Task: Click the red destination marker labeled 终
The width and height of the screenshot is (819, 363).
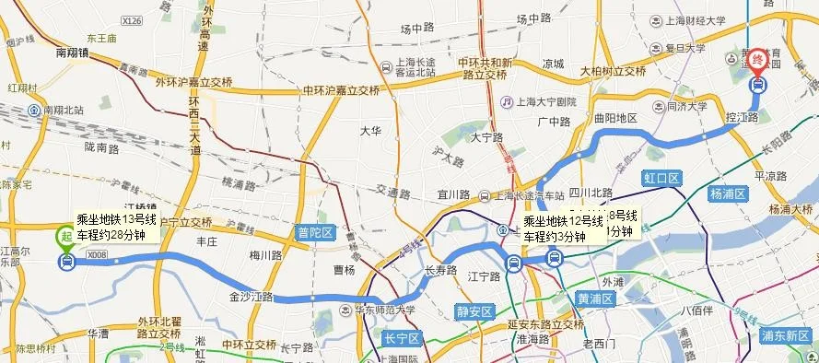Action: pyautogui.click(x=758, y=60)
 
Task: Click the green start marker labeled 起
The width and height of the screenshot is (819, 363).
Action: pyautogui.click(x=65, y=237)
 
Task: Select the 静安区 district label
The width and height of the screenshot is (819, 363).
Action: pyautogui.click(x=474, y=311)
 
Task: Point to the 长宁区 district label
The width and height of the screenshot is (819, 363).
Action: pyautogui.click(x=402, y=339)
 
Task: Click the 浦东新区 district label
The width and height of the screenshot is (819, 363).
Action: pyautogui.click(x=786, y=335)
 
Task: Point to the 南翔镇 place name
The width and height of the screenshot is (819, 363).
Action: pyautogui.click(x=73, y=53)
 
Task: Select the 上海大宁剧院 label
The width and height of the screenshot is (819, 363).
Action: pyautogui.click(x=545, y=102)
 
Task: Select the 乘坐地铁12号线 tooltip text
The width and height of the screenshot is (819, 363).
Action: pyautogui.click(x=564, y=221)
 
